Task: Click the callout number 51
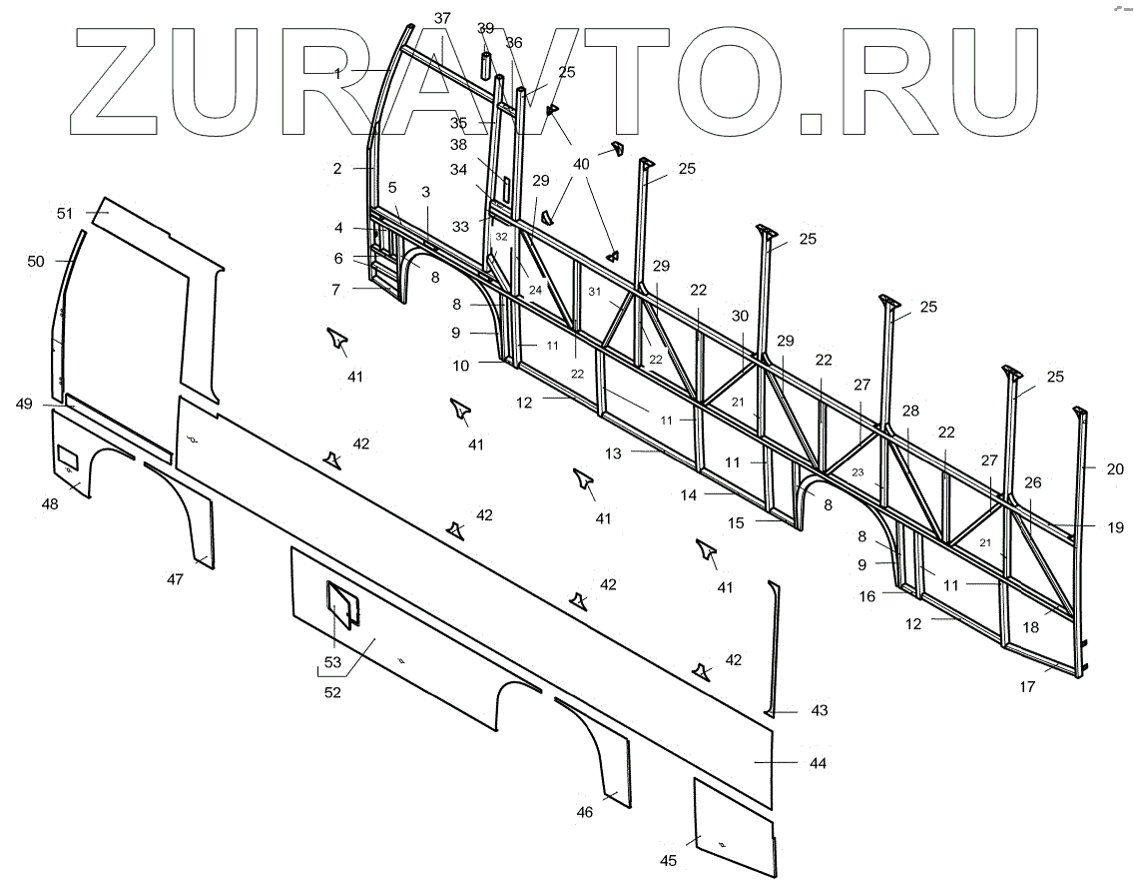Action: [x=65, y=213]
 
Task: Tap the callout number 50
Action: [x=36, y=262]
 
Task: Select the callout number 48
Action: [x=50, y=504]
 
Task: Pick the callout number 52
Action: [x=332, y=692]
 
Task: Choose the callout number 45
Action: [x=669, y=861]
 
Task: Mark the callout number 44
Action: [x=818, y=763]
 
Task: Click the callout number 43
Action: [x=819, y=710]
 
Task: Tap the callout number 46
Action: [x=585, y=812]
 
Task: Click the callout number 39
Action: [x=486, y=27]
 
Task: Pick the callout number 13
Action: [x=612, y=453]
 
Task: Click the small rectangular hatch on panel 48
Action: [x=69, y=457]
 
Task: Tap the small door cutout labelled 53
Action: [x=341, y=604]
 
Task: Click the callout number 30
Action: [x=740, y=316]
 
